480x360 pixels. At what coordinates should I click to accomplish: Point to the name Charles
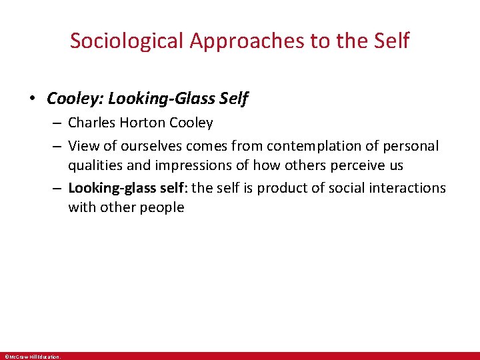click(92, 123)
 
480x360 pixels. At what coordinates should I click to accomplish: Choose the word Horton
click(143, 123)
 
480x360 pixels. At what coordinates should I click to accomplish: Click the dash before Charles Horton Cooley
click(59, 123)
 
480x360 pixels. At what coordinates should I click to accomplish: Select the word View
click(83, 145)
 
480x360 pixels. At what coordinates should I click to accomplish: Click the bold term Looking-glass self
click(129, 188)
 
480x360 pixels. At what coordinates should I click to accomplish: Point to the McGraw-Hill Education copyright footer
click(32, 357)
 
